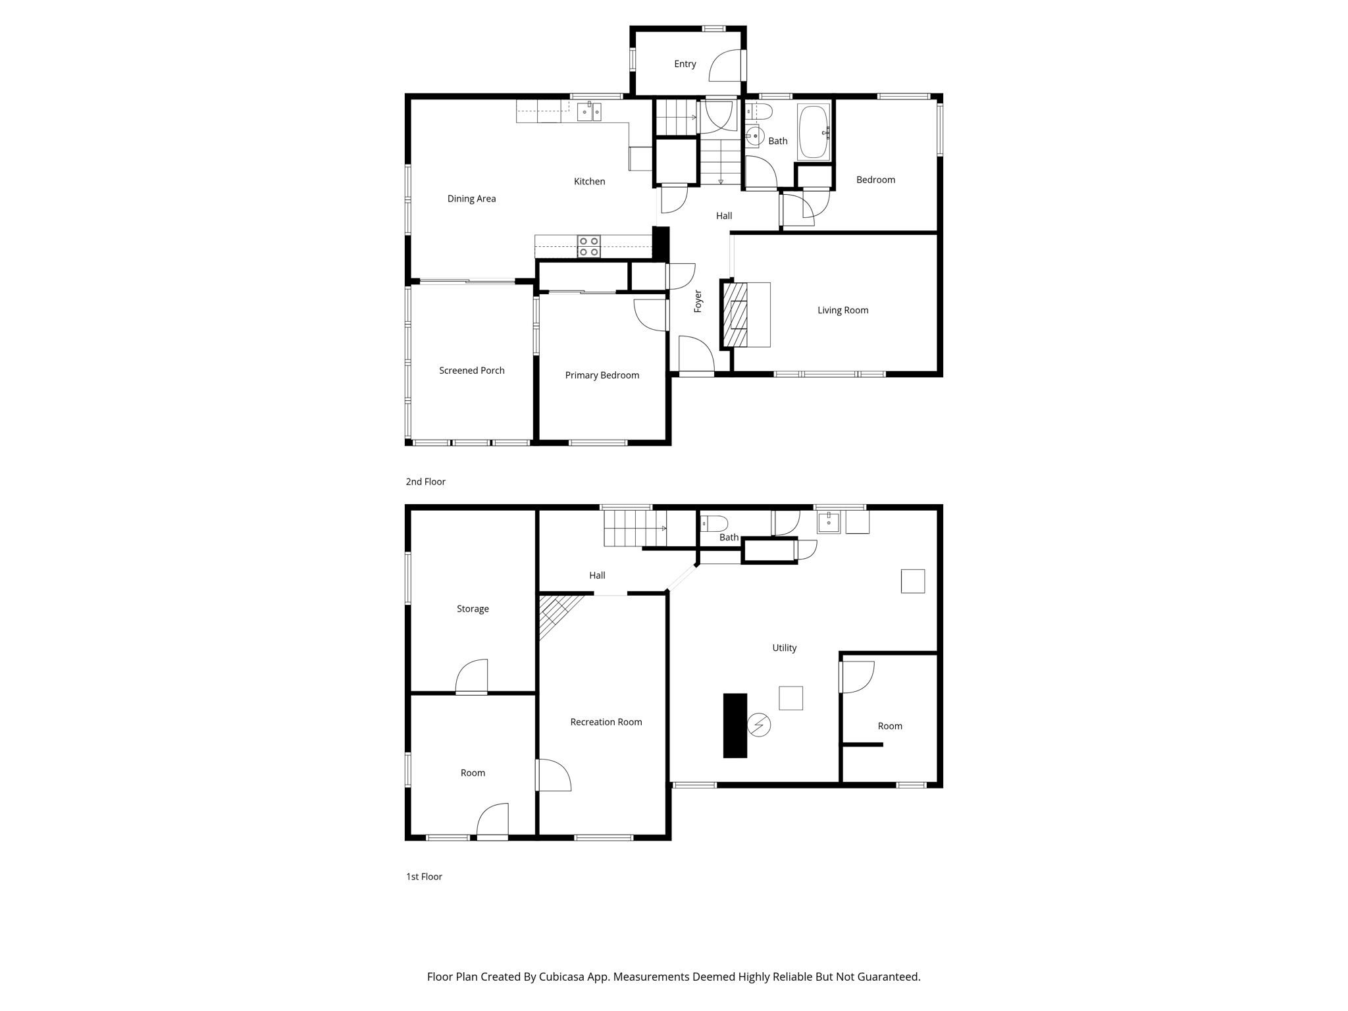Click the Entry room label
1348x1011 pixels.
coord(685,64)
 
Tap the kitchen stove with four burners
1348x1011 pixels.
coord(588,246)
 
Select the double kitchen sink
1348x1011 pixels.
coord(589,112)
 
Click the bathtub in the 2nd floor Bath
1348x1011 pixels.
coord(814,132)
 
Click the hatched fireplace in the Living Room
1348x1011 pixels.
coord(735,315)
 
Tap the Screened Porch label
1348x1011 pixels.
coord(471,371)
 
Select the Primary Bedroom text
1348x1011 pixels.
coord(602,375)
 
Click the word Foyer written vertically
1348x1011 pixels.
coord(698,301)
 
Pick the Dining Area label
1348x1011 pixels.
coord(471,199)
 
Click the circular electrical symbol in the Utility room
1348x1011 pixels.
coord(759,725)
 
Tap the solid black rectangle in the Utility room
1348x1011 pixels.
coord(735,725)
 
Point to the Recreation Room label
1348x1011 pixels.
coord(606,722)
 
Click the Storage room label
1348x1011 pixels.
coord(473,609)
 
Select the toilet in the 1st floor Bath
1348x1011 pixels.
coord(714,524)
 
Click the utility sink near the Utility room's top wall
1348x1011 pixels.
coord(829,522)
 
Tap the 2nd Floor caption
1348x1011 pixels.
coord(425,482)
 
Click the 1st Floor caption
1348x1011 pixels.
coord(424,877)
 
